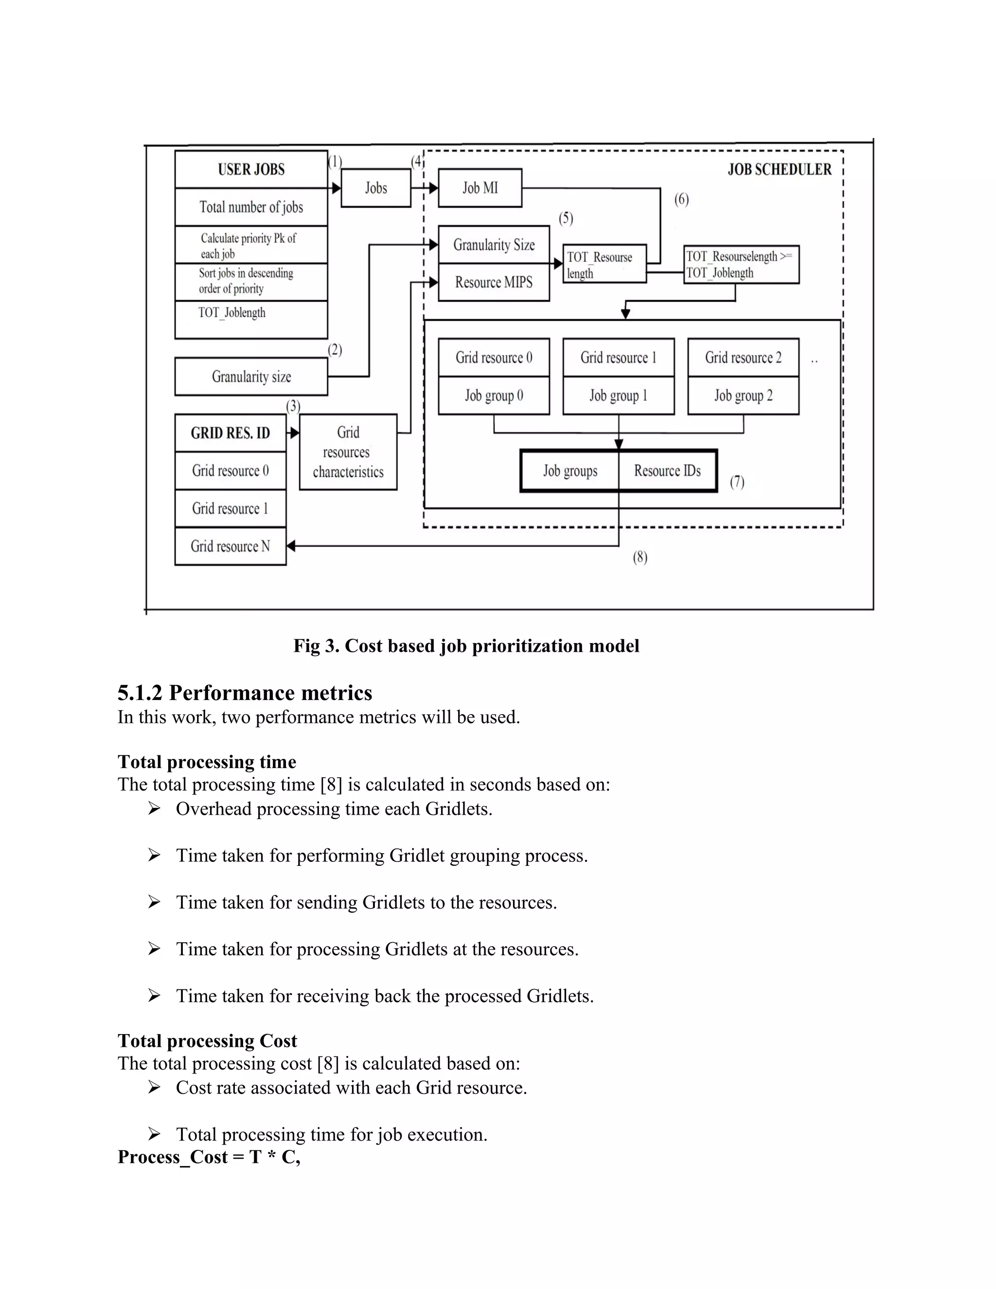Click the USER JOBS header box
251,169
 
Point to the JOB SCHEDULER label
779,169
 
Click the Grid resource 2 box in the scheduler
743,358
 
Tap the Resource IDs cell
667,471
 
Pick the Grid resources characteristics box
348,452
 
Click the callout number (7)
737,482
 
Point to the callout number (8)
640,557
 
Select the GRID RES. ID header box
230,433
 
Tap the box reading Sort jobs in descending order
251,282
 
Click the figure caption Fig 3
466,645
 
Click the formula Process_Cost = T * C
208,1157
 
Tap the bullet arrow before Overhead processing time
154,808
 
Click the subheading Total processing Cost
207,1040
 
